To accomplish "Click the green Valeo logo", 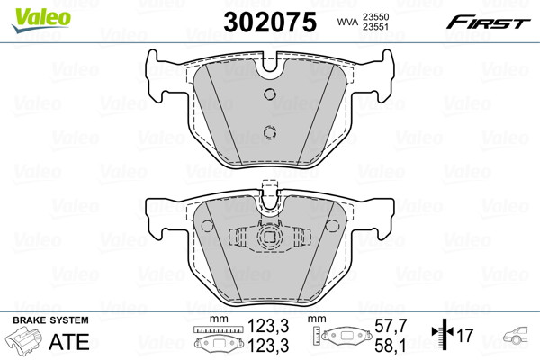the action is (x=41, y=20).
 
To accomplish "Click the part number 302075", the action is (x=270, y=22).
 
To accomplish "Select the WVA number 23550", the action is (x=375, y=17).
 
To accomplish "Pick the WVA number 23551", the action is (x=375, y=27).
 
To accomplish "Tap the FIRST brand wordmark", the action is (x=489, y=22).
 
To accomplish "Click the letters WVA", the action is (x=347, y=22).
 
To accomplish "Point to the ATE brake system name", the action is (x=69, y=342).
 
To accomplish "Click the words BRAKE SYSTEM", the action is (x=50, y=320).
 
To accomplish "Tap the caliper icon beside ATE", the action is (x=24, y=339).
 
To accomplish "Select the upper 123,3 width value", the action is (x=268, y=326).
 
